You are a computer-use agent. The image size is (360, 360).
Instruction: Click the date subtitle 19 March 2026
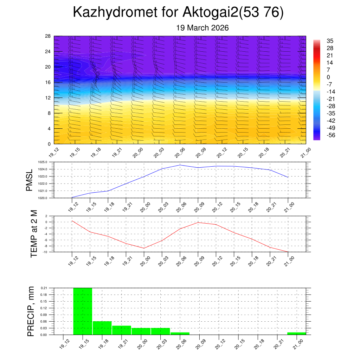202,28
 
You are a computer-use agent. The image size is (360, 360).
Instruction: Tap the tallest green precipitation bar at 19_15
83,311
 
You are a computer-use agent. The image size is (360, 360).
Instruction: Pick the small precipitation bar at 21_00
296,333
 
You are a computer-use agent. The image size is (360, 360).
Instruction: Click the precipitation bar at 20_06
180,333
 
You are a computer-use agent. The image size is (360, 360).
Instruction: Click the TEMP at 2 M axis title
34,234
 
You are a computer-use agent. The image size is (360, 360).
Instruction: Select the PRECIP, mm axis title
31,311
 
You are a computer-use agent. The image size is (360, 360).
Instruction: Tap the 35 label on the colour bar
330,41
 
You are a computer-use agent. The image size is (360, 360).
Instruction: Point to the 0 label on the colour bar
328,77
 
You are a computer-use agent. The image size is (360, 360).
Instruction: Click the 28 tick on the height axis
48,36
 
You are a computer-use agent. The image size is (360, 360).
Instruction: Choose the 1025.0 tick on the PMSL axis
46,162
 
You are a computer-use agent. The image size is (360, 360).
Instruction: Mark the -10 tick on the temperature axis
46,252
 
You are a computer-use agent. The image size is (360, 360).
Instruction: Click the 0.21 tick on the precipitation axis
44,288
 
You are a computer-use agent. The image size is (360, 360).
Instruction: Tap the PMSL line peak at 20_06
180,165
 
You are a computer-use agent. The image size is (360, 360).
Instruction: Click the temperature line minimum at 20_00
144,248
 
